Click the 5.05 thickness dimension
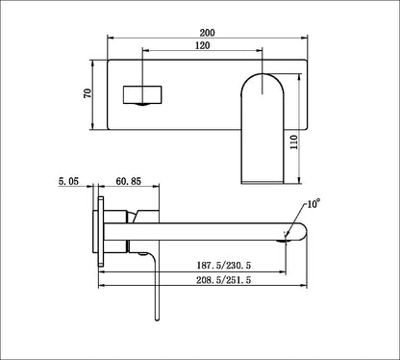pos(69,179)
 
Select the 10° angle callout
pos(313,205)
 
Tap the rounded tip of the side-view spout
pos(301,230)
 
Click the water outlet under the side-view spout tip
pos(285,242)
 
